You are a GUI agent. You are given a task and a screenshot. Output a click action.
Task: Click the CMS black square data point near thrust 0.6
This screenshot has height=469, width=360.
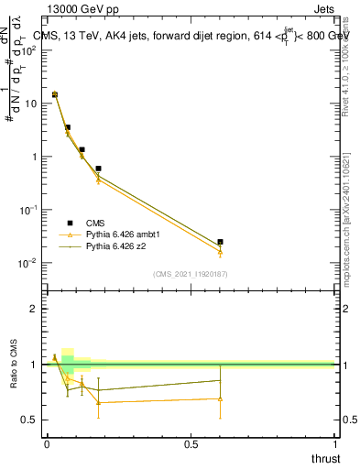click(220, 242)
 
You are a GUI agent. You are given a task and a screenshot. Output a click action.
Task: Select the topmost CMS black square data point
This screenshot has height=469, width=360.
click(55, 94)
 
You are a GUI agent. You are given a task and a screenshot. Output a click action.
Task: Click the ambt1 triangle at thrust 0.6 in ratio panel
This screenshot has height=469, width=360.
click(220, 399)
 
